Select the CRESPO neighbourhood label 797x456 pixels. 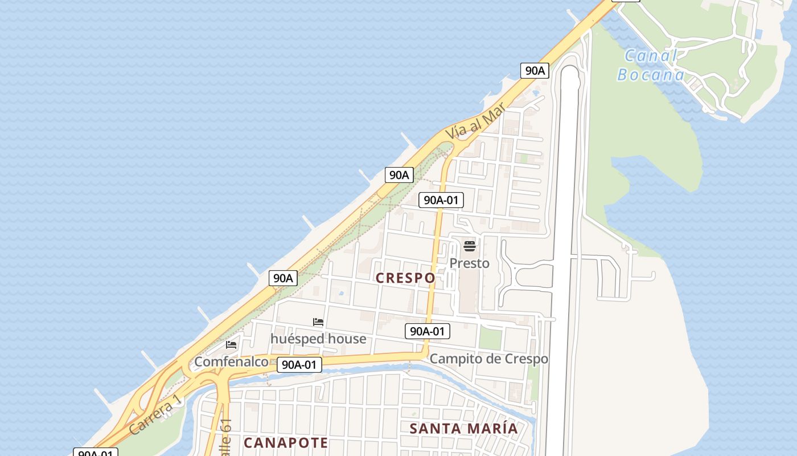pyautogui.click(x=405, y=278)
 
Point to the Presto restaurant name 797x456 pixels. pyautogui.click(x=469, y=263)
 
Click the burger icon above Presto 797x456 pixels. pyautogui.click(x=469, y=246)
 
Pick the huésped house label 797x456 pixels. pyautogui.click(x=318, y=339)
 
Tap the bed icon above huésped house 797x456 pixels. pyautogui.click(x=318, y=323)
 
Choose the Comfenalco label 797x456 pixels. pyautogui.click(x=231, y=362)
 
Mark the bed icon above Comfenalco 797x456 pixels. pyautogui.click(x=231, y=345)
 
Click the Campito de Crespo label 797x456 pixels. pyautogui.click(x=488, y=359)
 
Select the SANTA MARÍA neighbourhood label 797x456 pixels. pyautogui.click(x=464, y=429)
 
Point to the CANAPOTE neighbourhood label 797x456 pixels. pyautogui.click(x=286, y=443)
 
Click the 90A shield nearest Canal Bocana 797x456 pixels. pyautogui.click(x=535, y=71)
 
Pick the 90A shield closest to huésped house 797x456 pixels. pyautogui.click(x=283, y=278)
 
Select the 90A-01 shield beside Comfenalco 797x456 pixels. pyautogui.click(x=299, y=365)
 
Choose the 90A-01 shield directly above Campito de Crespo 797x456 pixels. pyautogui.click(x=428, y=331)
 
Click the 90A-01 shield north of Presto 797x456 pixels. pyautogui.click(x=441, y=200)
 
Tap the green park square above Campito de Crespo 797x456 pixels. pyautogui.click(x=490, y=339)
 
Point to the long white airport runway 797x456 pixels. pyautogui.click(x=563, y=256)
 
